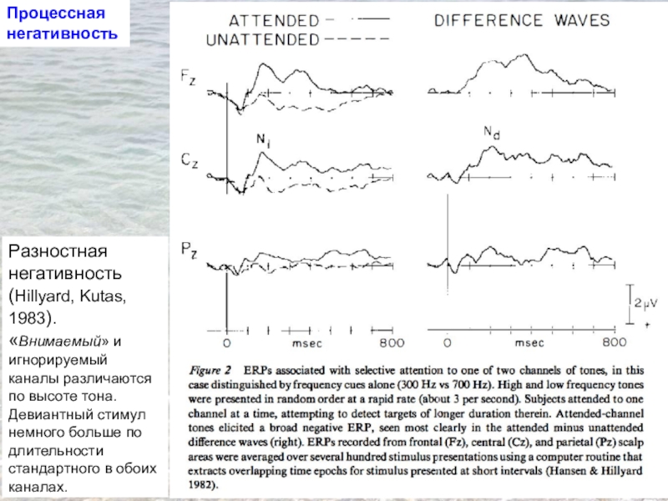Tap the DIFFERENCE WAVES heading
point(522,20)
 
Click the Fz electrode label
point(190,77)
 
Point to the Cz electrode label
point(190,156)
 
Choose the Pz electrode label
point(190,248)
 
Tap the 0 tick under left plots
point(226,342)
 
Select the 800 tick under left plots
point(392,342)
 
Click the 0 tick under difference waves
point(448,342)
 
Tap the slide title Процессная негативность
point(58,24)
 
